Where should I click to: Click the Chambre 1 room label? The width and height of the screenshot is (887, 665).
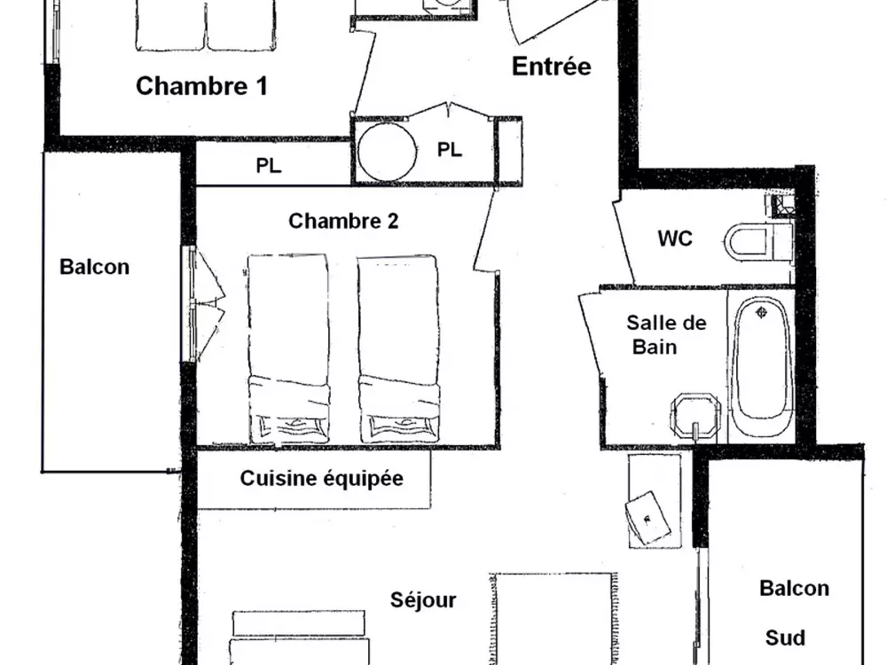201,86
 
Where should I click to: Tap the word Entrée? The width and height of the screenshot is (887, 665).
552,66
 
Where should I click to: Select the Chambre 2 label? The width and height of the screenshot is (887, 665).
343,221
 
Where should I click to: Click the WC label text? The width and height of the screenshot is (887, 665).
675,238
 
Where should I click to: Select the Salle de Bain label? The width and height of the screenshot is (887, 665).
666,334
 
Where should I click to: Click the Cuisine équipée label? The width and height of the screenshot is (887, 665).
321,479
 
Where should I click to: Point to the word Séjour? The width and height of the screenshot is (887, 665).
423,600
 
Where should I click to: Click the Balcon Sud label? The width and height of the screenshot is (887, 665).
794,613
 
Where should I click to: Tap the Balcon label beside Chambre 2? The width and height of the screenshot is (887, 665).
95,266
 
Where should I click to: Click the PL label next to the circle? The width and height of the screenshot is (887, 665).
450,149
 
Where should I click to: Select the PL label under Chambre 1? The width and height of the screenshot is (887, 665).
268,166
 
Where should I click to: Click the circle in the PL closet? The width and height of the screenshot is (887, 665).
386,151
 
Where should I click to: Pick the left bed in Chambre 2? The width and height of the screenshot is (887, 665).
288,348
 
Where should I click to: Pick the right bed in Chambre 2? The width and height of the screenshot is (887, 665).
398,348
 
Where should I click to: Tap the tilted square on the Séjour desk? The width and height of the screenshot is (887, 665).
648,518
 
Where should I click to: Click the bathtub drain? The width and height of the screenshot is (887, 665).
761,311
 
